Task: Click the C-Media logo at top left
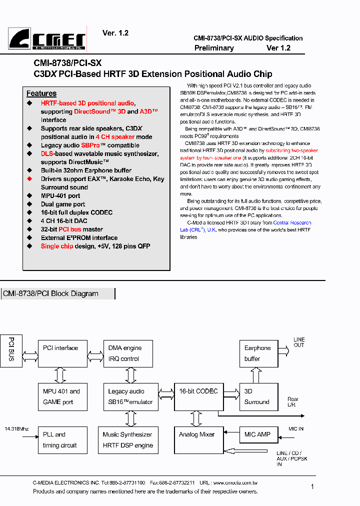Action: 47,38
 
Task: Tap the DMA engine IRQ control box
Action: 128,353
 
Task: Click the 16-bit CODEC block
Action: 198,397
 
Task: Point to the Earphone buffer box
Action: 258,353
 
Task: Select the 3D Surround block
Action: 258,397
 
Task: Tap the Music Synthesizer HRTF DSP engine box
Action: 128,440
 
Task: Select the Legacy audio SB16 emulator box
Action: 128,397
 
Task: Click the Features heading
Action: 41,93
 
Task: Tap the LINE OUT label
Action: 299,342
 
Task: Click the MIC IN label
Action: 296,429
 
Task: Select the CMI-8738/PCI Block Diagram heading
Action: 50,294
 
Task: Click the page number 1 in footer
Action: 312,486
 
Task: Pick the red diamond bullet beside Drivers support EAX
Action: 29,179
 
